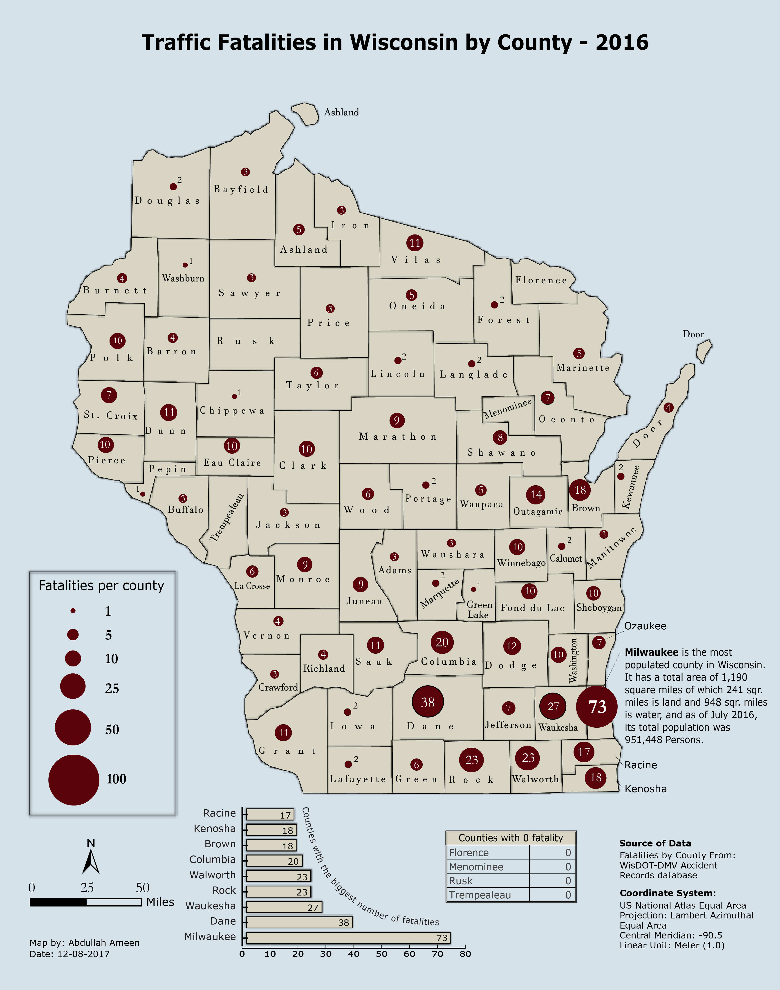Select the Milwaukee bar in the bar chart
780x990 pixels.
point(348,937)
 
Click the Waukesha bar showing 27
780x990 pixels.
point(284,907)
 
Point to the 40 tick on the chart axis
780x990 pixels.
point(354,954)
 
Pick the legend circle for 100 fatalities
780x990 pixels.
point(74,780)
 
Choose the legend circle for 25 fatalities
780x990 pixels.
point(73,686)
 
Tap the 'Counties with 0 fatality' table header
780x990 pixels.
point(511,838)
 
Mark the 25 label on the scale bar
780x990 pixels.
point(87,888)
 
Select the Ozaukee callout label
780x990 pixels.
point(645,626)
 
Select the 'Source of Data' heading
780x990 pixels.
point(655,843)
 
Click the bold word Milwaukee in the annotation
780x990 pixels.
point(651,652)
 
